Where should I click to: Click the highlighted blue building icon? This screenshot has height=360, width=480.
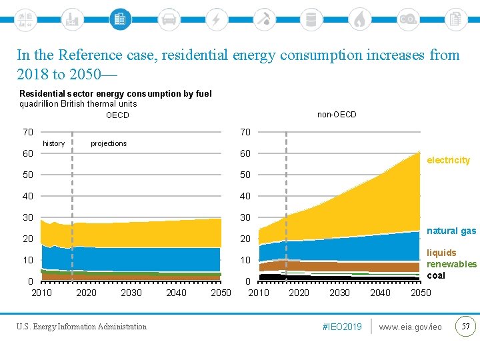coord(120,19)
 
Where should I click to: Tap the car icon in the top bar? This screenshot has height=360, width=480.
coord(169,19)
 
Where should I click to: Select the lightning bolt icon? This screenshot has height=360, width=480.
coord(216,19)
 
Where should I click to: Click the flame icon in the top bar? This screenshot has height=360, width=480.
coord(359,19)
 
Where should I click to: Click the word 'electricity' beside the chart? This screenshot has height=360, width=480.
coord(448,160)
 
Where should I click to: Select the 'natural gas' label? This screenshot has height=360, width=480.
coord(451,231)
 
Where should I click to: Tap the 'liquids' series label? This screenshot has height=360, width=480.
coord(441,253)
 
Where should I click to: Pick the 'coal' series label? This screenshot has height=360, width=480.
coord(436,275)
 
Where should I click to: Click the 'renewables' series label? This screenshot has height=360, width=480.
coord(451,264)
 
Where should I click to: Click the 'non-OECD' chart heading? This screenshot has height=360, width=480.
coord(337,115)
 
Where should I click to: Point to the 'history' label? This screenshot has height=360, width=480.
coord(54,143)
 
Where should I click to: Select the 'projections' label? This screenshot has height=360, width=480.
coord(109,143)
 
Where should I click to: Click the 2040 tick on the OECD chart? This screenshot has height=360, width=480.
coord(176,293)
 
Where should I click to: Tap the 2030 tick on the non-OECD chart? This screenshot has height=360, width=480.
coord(339,293)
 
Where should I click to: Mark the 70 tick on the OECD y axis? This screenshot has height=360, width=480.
coord(27,132)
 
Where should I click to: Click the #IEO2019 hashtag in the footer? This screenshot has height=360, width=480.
coord(341,327)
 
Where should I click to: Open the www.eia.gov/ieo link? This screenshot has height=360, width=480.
coord(410,327)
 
